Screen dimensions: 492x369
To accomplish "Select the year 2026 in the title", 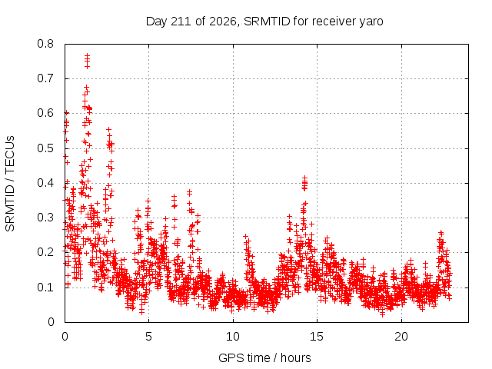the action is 223,22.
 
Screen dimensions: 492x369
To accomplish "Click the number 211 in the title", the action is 181,22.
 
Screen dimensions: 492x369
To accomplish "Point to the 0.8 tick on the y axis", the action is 45,44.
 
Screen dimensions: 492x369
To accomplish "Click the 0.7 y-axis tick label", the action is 45,78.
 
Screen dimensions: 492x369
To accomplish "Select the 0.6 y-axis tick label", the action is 45,113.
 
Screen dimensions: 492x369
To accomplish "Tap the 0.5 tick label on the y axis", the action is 45,148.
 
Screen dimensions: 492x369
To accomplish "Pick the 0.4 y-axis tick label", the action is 45,183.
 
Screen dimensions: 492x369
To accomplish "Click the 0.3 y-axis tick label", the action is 45,218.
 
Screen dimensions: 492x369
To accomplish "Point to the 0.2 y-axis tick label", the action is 45,252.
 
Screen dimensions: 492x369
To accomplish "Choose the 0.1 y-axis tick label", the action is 45,287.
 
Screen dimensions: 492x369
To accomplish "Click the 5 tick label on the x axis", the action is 148,337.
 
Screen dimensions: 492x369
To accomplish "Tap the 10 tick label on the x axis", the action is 232,337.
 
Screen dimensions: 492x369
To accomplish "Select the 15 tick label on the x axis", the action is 317,337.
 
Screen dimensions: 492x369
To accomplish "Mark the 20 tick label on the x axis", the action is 401,337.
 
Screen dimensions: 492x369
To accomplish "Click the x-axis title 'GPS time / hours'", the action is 264,358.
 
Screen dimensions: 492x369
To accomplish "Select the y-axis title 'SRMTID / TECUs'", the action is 10,184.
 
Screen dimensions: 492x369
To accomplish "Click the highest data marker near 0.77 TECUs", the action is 87,55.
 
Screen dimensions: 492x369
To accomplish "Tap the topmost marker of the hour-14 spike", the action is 304,178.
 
